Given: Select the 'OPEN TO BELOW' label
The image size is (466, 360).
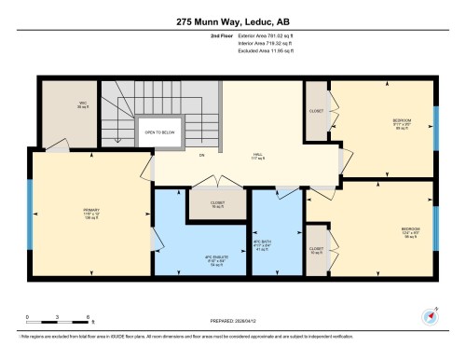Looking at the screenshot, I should pyautogui.click(x=159, y=132).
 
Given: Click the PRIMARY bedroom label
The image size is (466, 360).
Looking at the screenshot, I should pyautogui.click(x=90, y=214).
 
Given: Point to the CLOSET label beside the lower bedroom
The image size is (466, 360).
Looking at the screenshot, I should pyautogui.click(x=316, y=249).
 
